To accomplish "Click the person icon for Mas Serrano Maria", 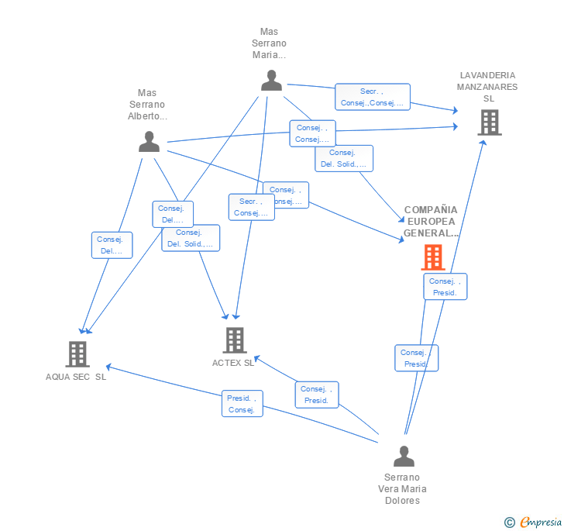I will click(x=271, y=81).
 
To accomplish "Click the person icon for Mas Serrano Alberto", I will click(x=149, y=141).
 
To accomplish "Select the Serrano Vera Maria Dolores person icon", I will click(x=404, y=456).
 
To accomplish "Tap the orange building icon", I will click(x=432, y=257).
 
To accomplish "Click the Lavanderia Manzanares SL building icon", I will click(x=489, y=122).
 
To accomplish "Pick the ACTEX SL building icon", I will click(x=234, y=340).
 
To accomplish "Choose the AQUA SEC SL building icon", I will click(x=77, y=353).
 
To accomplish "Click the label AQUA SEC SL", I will click(x=76, y=377).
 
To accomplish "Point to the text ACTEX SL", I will click(x=233, y=363).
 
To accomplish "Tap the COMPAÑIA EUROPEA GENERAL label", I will click(x=431, y=221).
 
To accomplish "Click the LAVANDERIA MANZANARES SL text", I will click(x=487, y=87).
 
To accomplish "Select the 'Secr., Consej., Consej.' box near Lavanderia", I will click(x=372, y=97).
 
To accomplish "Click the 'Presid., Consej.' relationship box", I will click(x=242, y=403).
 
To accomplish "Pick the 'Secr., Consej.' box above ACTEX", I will click(x=251, y=207).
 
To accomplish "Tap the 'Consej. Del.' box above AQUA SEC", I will click(x=112, y=245).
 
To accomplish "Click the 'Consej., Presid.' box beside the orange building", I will click(x=445, y=287).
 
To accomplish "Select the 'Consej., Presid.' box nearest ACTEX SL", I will click(x=316, y=395).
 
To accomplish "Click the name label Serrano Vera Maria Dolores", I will click(x=402, y=488).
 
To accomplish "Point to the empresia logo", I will click(x=541, y=522).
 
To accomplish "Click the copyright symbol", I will click(x=509, y=522).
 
